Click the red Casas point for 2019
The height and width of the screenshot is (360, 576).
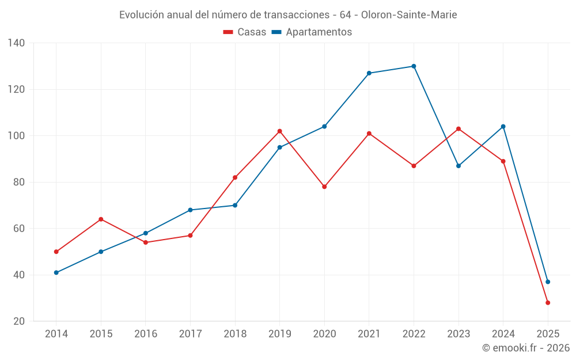[x=279, y=131]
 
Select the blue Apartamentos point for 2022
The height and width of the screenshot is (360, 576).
[x=414, y=66]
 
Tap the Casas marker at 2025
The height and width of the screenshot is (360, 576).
[x=548, y=302]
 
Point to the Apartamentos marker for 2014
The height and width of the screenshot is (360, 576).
[x=56, y=272]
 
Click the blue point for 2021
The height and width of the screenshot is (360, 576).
[x=369, y=73]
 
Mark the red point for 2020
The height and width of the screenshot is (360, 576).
[x=324, y=187]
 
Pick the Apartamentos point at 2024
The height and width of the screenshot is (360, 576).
[x=503, y=127]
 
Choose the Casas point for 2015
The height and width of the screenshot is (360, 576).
[x=101, y=219]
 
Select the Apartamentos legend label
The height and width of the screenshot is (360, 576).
[x=319, y=32]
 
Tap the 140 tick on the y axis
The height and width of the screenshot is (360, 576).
[x=17, y=43]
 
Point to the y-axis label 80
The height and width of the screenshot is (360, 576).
[x=19, y=182]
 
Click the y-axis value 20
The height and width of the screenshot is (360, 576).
[x=19, y=321]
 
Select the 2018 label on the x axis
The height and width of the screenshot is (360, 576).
[x=235, y=334]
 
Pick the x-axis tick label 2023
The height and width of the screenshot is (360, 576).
[x=458, y=334]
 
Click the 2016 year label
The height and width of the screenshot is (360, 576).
[x=146, y=334]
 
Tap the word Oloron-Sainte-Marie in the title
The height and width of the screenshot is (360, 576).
[x=409, y=15]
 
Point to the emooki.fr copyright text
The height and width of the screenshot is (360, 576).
[x=526, y=348]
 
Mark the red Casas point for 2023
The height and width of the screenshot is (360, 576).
[x=458, y=128]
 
